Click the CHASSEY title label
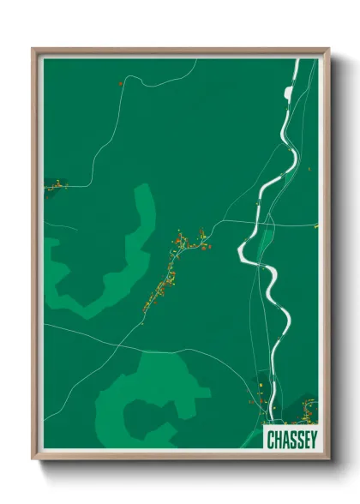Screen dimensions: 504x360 290,439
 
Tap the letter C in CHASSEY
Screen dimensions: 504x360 269,439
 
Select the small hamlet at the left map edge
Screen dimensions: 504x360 56,184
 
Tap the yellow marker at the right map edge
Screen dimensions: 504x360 315,225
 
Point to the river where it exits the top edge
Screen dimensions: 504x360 296,62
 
